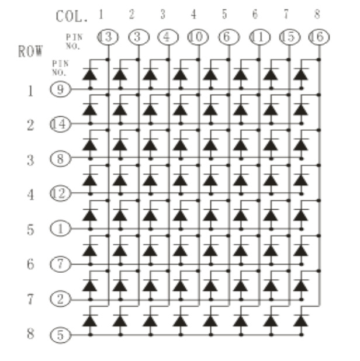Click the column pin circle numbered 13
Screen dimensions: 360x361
tap(108, 38)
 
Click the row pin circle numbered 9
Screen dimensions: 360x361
tap(60, 90)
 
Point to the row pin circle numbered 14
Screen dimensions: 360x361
tap(60, 124)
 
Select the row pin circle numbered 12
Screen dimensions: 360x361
tap(60, 193)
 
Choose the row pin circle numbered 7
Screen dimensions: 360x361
tap(60, 263)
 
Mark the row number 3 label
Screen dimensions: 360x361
tap(30, 159)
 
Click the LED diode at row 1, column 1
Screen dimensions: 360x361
tap(90, 75)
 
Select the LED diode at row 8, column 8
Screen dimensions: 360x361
tap(302, 321)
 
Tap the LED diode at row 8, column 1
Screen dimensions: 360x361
tap(90, 321)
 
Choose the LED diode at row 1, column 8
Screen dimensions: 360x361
tap(302, 75)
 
